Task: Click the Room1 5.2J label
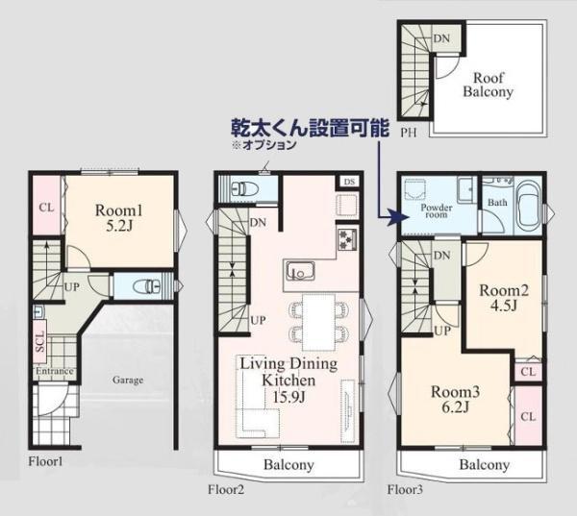[x=118, y=218]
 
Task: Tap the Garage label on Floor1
[x=128, y=380]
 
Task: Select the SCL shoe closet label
[x=40, y=342]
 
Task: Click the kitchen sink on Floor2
[x=300, y=271]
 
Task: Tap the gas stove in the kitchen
[x=347, y=238]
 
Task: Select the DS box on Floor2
[x=349, y=182]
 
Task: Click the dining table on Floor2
[x=318, y=323]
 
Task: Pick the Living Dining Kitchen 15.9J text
[x=288, y=380]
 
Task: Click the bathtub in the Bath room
[x=528, y=206]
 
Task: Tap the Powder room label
[x=437, y=210]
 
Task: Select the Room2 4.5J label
[x=504, y=298]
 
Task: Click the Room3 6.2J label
[x=455, y=399]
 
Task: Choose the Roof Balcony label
[x=488, y=85]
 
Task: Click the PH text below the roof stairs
[x=409, y=133]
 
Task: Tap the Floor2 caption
[x=226, y=489]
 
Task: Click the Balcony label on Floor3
[x=485, y=465]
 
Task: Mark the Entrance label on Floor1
[x=55, y=371]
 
